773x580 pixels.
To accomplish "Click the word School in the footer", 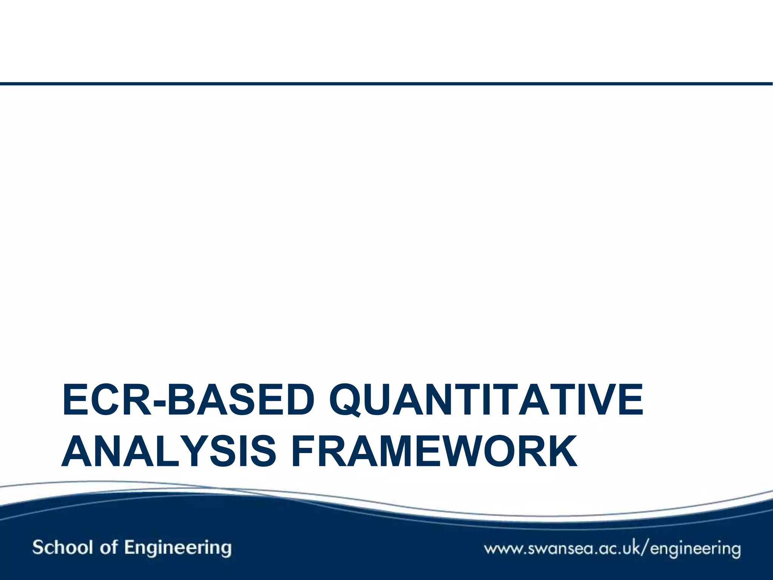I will pos(63,547).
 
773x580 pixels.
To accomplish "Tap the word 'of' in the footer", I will pos(109,547).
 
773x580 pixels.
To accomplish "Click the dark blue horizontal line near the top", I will pos(386,83).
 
